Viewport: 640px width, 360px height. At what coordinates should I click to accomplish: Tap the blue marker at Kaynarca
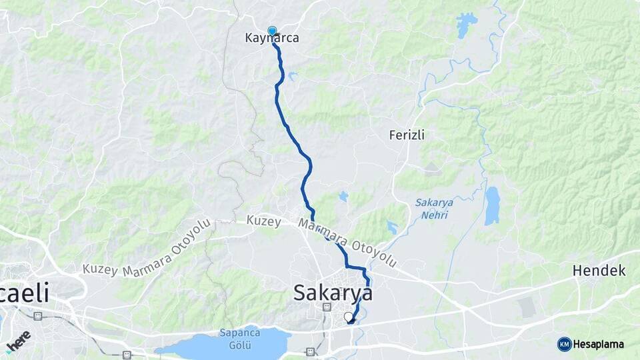(272, 31)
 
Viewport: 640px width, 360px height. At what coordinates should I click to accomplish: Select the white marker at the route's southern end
(348, 317)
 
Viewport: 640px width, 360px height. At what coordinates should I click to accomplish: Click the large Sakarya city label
(333, 292)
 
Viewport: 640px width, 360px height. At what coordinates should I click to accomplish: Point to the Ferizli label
(407, 135)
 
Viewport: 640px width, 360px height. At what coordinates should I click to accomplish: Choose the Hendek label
(599, 271)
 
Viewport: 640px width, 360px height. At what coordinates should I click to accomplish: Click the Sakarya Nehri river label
(434, 209)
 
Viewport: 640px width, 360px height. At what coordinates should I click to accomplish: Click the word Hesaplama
(598, 345)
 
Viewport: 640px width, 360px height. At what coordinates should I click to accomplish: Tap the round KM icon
(564, 344)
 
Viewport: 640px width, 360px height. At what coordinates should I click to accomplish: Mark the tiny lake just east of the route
(343, 196)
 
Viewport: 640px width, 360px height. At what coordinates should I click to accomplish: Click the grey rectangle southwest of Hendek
(527, 307)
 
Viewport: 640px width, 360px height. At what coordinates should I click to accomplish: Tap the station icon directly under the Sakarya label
(327, 307)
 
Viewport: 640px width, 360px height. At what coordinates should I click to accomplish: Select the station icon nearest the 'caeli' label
(38, 315)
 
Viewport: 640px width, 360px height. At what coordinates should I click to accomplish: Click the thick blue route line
(293, 140)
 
